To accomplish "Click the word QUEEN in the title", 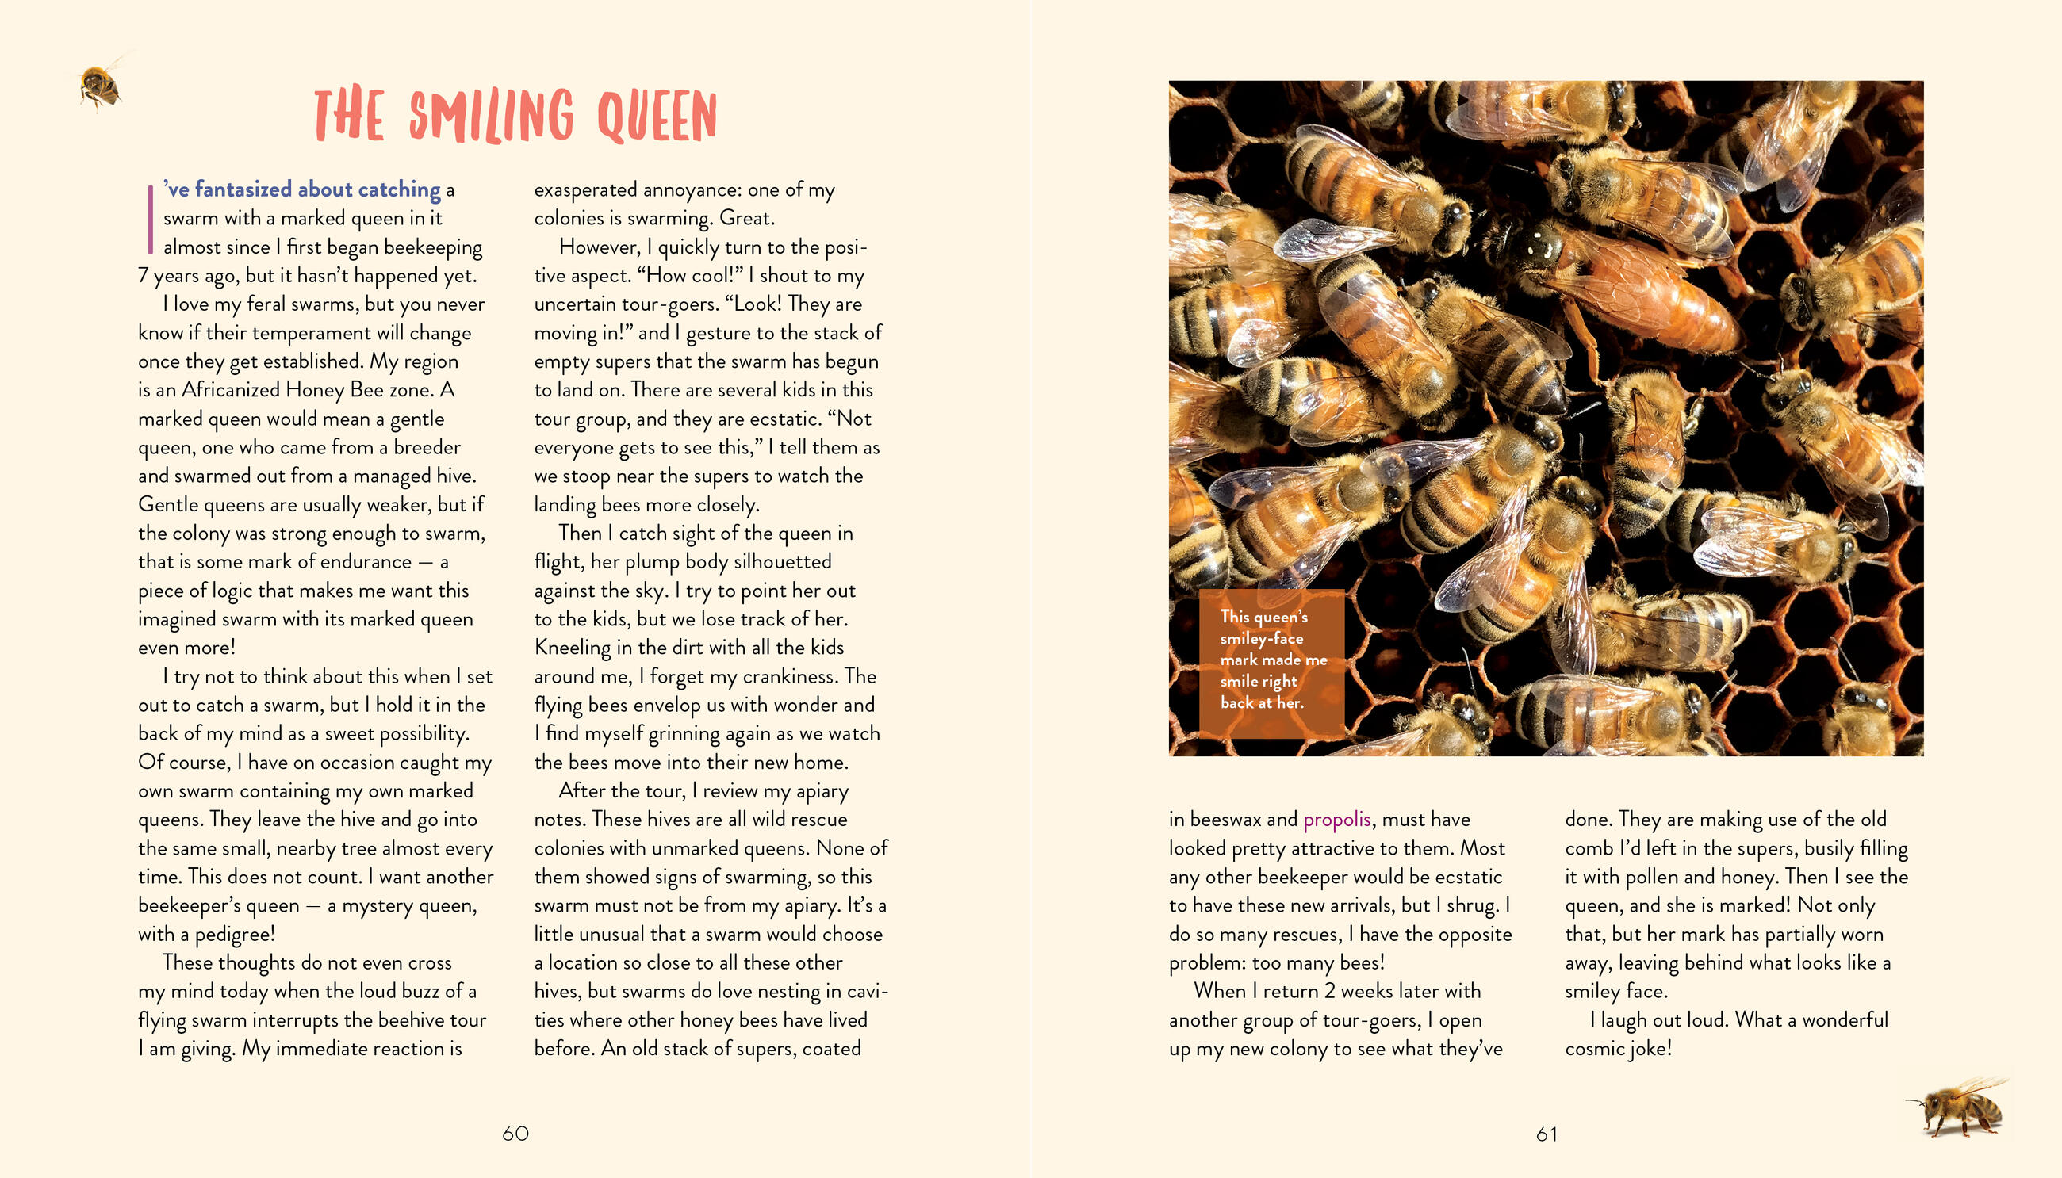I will pos(657,117).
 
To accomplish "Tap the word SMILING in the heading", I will pos(491,117).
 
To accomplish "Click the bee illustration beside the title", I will pos(101,85).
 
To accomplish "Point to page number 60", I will pos(515,1134).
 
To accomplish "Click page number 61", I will pos(1546,1134).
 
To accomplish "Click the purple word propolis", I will pos(1336,820).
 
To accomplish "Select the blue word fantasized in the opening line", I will pos(243,189).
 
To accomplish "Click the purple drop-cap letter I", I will pos(151,219).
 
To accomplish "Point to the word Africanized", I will pos(231,390).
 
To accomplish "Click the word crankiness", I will pos(791,676).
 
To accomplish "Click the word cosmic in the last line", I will pos(1594,1049).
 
